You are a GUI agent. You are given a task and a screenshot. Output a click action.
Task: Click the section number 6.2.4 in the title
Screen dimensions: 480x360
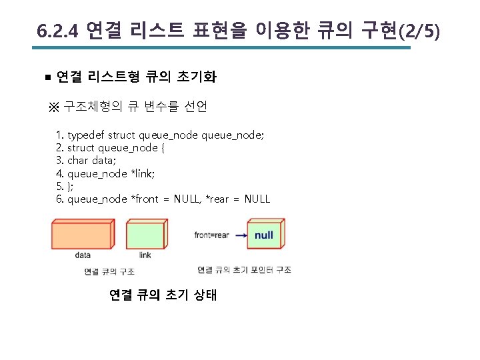coord(59,31)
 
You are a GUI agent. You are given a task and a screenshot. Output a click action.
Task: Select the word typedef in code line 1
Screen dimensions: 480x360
coord(86,135)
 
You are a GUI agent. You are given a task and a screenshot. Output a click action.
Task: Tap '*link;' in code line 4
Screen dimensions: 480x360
coord(142,173)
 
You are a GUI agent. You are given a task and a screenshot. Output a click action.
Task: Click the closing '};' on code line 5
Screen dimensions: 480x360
coord(70,186)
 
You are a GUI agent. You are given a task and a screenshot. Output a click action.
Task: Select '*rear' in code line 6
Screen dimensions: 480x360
coord(217,199)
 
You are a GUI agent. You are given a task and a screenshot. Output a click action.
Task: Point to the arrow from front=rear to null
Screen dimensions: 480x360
coord(241,235)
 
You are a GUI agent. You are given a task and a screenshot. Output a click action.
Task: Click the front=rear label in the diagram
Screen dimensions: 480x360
coord(211,235)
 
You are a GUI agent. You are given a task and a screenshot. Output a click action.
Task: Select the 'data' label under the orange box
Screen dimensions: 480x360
coord(83,255)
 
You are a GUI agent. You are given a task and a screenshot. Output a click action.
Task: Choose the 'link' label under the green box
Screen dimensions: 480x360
coord(145,255)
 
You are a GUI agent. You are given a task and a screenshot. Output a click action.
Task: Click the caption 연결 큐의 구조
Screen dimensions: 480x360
coord(109,271)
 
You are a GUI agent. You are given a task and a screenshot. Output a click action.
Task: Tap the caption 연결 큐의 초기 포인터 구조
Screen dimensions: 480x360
coord(244,270)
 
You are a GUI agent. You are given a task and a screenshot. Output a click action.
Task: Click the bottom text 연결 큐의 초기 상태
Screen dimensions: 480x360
coord(163,295)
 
